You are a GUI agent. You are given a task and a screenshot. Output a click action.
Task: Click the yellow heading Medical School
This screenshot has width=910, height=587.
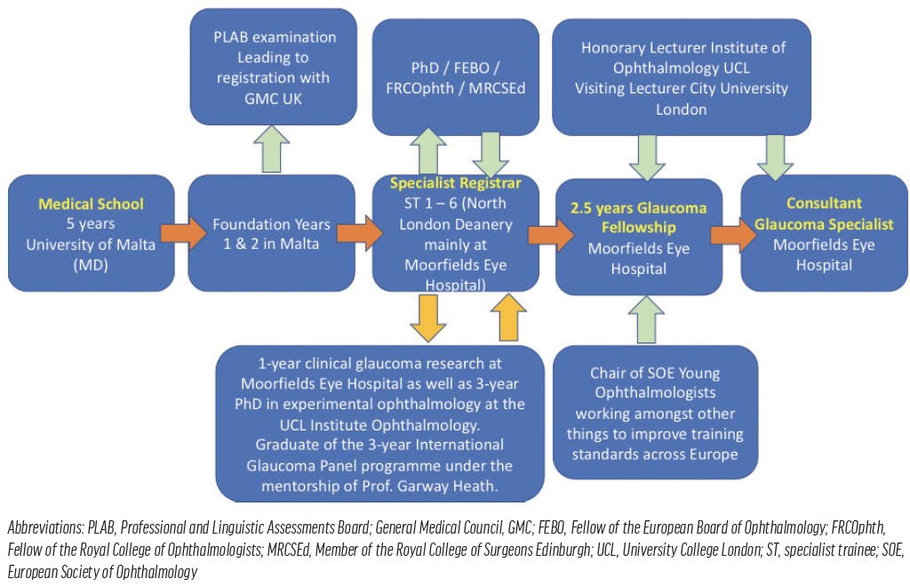coord(91,204)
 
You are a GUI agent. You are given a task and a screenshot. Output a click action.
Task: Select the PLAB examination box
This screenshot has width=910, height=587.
coord(275,68)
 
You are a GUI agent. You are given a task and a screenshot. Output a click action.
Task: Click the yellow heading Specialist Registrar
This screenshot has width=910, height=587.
coord(455,183)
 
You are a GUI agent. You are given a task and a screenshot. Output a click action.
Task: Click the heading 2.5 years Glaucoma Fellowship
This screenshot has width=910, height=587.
coord(638,218)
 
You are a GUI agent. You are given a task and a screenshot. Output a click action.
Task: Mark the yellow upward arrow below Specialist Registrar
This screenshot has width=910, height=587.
coord(507,316)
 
